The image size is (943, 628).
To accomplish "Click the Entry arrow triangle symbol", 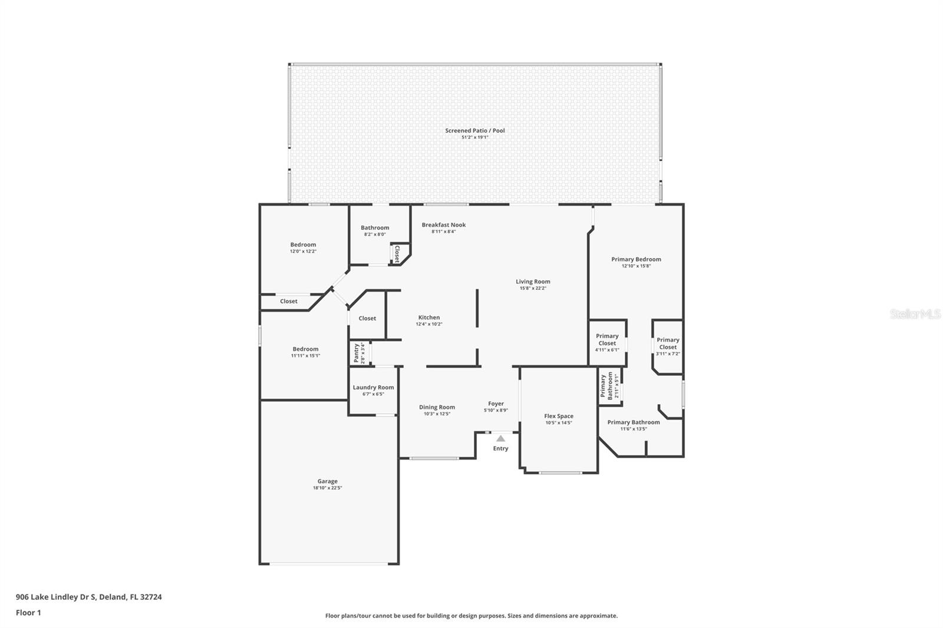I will coord(500,438).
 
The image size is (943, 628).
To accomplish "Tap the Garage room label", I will coord(328,481).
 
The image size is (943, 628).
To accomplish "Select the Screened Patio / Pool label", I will coord(475,131).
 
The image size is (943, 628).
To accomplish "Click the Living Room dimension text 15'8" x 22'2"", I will coord(533,289).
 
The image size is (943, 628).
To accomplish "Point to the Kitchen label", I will coord(429,318).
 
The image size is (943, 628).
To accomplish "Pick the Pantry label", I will coord(356,353).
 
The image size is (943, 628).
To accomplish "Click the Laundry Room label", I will coord(373,388).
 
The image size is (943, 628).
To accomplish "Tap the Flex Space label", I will coord(558,416).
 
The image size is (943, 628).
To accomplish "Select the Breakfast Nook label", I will coord(444,225).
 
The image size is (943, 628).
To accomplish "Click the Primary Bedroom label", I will coord(636,259).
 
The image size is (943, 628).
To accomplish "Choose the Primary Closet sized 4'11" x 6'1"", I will coord(607,340).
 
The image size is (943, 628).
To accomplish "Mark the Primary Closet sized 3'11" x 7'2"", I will coord(668,343).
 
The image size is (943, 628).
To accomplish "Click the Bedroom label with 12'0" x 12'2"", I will coord(303,244).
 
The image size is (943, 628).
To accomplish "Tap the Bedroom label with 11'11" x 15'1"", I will coord(305,349).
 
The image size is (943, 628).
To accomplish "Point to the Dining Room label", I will coord(437,407).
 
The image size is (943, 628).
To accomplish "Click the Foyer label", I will coord(496,404).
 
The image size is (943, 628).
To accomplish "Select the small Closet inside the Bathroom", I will coord(397,254).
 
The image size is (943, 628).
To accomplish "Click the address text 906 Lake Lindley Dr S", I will coord(56,597).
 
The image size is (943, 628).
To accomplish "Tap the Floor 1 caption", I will coord(28,613).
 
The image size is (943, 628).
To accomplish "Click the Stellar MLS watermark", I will coord(915,314).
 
